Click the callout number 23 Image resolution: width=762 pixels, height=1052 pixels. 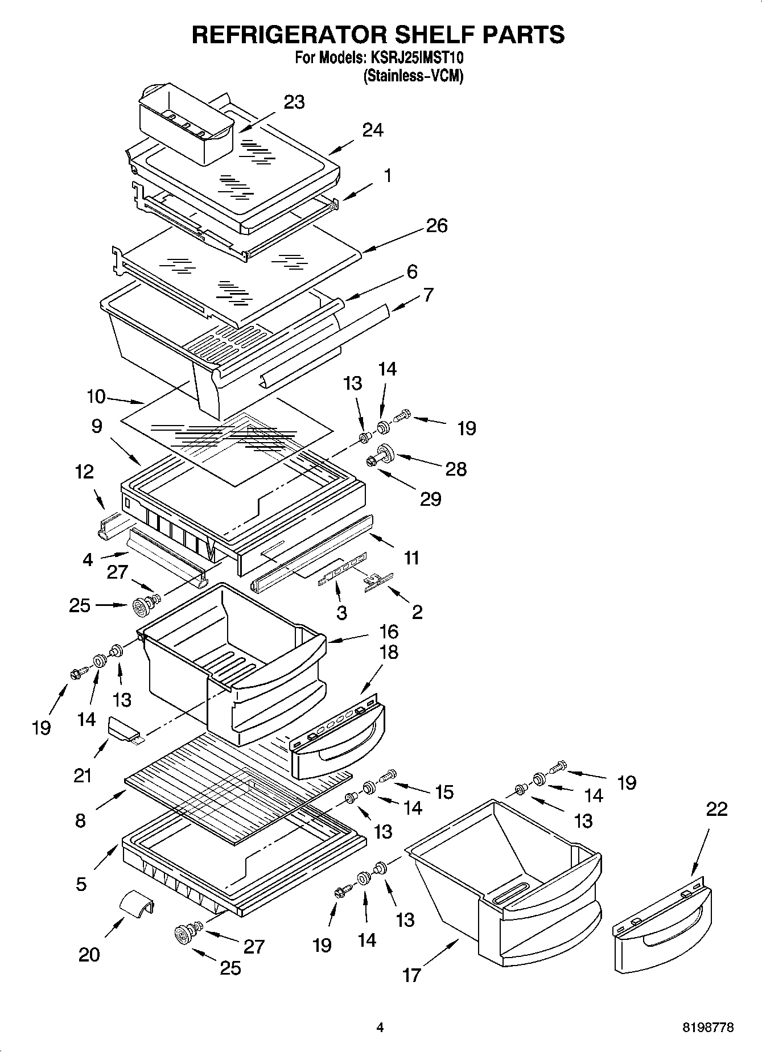tap(294, 102)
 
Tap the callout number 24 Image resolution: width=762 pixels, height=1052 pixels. tap(373, 130)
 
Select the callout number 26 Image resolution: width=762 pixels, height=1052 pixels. tap(436, 226)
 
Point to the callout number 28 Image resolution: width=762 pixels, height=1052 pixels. tap(456, 469)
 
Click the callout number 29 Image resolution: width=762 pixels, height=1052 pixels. tap(430, 499)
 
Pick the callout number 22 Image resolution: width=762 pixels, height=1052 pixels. tap(716, 809)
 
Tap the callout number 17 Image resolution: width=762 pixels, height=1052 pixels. tap(411, 975)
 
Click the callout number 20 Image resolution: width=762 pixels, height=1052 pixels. tap(89, 954)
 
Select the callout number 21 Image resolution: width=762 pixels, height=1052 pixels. tap(83, 775)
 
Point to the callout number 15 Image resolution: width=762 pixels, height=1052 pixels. tap(444, 791)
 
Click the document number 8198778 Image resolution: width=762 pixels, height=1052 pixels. tap(708, 1028)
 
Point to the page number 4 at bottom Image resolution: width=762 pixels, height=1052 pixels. tap(380, 1028)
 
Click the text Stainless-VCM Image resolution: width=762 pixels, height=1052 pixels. tap(413, 76)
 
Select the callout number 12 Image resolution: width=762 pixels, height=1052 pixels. tap(85, 472)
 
